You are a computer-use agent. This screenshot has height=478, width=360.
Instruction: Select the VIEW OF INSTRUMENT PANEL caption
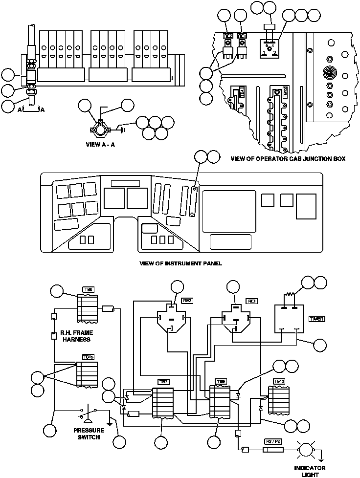pos(180,263)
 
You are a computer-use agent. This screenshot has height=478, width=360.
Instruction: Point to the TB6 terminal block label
pos(88,290)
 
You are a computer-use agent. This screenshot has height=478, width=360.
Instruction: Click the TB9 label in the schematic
pos(221,381)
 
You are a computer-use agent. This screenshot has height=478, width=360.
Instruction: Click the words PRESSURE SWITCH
pos(87,434)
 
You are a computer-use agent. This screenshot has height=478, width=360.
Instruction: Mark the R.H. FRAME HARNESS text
pos(76,336)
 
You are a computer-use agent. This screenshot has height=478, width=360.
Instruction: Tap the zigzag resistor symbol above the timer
pos(292,296)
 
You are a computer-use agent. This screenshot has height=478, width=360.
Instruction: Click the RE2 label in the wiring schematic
pos(186,301)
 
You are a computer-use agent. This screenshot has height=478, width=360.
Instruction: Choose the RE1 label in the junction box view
pos(242,36)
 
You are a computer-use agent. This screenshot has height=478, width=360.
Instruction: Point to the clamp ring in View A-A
pos(100,130)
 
